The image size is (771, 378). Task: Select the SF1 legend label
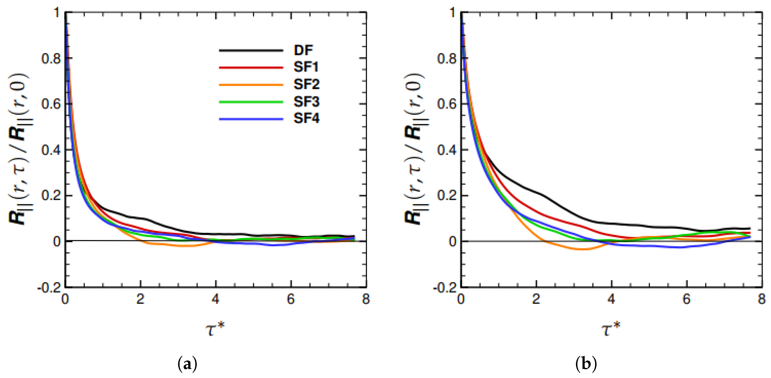[x=306, y=67]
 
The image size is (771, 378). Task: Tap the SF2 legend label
[x=307, y=84]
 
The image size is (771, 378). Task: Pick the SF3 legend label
[x=307, y=102]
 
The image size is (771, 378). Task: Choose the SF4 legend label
[x=307, y=118]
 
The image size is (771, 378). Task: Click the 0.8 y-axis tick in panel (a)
[x=51, y=58]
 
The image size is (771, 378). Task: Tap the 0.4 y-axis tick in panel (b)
[x=447, y=150]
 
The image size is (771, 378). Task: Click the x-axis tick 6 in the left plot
[x=291, y=299]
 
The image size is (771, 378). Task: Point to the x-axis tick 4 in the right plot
[x=611, y=299]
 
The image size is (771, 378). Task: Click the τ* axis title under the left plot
[x=215, y=329]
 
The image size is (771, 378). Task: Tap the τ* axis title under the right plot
[x=611, y=329]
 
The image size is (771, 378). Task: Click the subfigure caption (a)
[x=188, y=364]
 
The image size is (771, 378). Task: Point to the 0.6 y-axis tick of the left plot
[x=51, y=104]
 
